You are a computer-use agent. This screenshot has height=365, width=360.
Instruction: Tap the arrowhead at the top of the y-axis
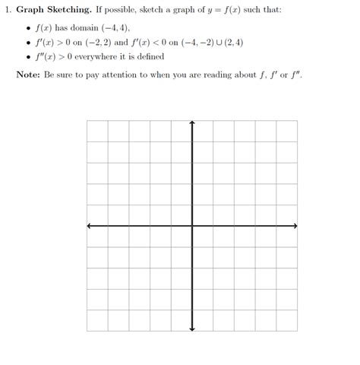tap(192, 122)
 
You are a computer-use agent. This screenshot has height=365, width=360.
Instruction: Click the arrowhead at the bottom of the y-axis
tap(192, 328)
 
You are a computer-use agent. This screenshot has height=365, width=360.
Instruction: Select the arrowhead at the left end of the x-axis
tap(90, 226)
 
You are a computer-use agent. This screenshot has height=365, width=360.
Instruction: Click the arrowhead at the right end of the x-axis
tap(295, 226)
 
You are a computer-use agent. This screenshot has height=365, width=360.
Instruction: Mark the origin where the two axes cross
tap(192, 226)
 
